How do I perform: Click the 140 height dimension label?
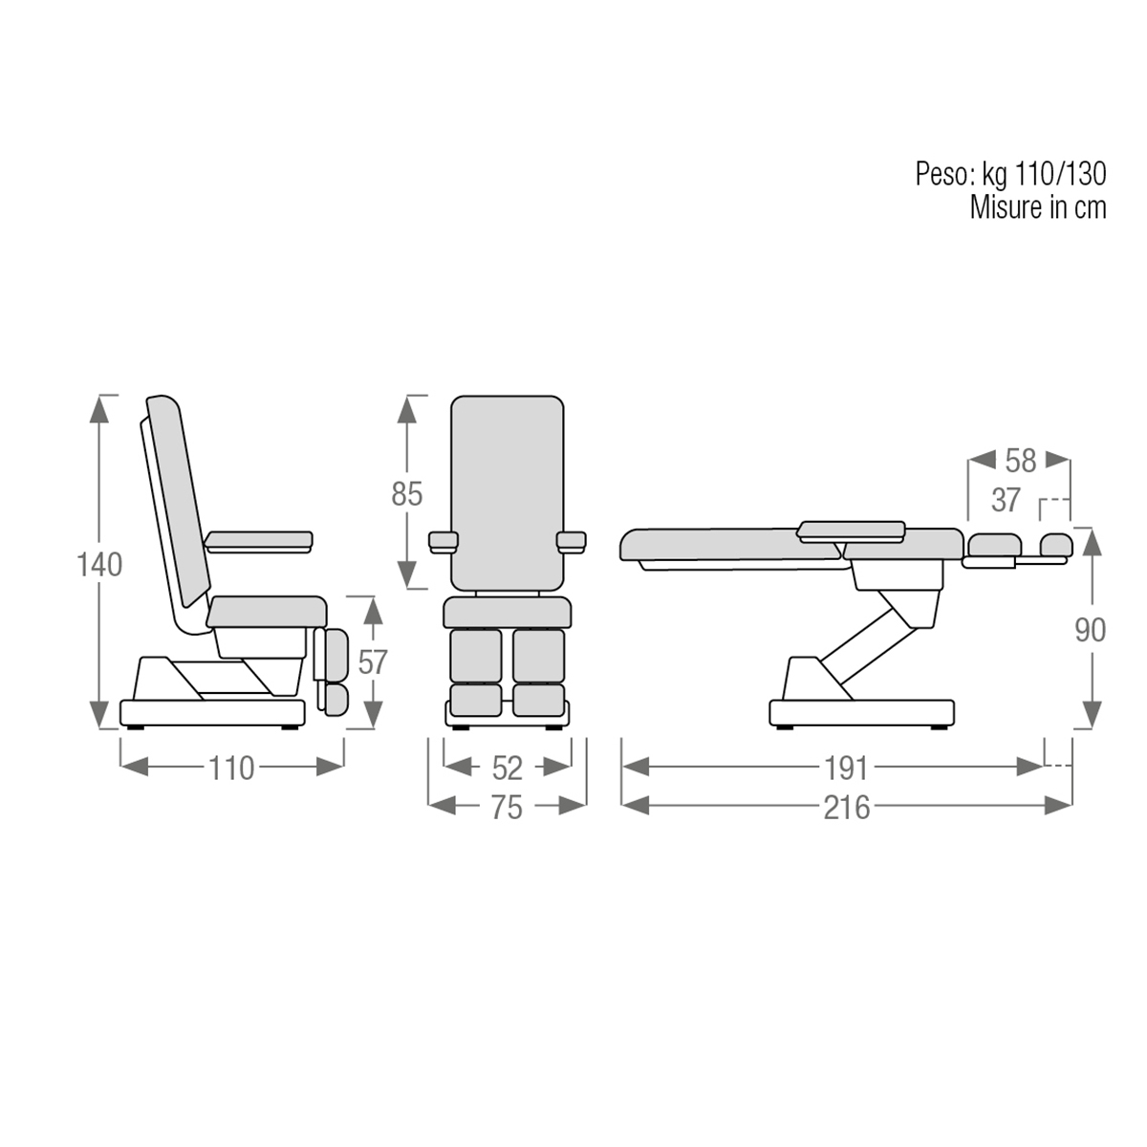[x=99, y=564]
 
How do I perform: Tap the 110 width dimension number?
[x=231, y=768]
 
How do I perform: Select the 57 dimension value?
[x=373, y=661]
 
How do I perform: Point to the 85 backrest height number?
[x=407, y=493]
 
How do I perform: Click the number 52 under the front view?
[x=508, y=768]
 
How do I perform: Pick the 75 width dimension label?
[x=507, y=808]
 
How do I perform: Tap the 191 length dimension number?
[x=846, y=768]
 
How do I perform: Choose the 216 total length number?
[x=847, y=808]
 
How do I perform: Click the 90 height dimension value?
[x=1091, y=630]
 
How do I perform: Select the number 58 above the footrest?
[x=1021, y=461]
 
